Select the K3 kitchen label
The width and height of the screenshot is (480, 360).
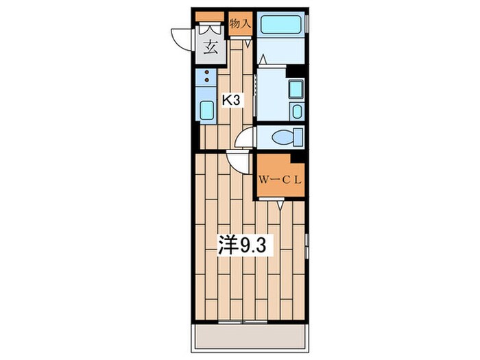pyautogui.click(x=230, y=99)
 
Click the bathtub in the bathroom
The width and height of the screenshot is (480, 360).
pyautogui.click(x=281, y=25)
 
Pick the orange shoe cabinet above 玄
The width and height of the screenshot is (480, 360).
pyautogui.click(x=209, y=16)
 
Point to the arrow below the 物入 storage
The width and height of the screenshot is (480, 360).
pyautogui.click(x=248, y=43)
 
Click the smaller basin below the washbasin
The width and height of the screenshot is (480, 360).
pyautogui.click(x=297, y=112)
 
